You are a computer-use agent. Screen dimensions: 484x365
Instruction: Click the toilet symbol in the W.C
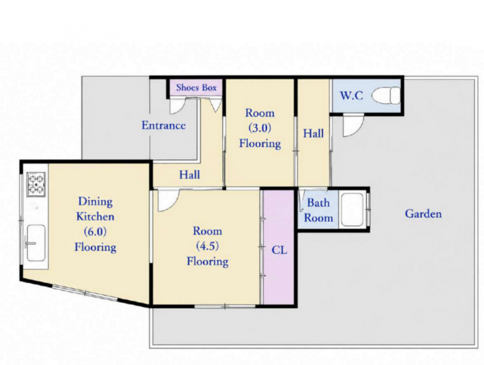pos(386,95)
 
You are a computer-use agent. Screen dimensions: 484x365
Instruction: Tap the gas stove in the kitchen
pos(36,184)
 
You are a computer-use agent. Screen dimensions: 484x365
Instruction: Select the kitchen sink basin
pos(36,243)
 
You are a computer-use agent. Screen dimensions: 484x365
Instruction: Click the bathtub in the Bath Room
pos(352,210)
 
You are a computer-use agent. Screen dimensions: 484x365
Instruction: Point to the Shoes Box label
pos(196,88)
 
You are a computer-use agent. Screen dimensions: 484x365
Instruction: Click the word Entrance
pos(164,125)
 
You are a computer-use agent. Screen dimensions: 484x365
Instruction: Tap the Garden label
pos(423,214)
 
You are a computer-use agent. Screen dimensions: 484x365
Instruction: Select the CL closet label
pos(279,250)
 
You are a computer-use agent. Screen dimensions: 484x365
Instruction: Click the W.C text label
pos(351,95)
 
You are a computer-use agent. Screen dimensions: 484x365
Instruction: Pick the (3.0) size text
pos(259,128)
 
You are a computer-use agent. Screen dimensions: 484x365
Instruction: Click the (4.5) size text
pos(207,246)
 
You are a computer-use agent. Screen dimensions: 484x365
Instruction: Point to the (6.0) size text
pos(95,232)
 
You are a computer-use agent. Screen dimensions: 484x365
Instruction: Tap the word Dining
pos(95,201)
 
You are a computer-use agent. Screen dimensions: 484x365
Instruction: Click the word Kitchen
pos(95,217)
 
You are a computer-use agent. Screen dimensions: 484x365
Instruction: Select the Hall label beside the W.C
pos(313,133)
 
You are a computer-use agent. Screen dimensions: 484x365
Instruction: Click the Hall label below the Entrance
pos(190,175)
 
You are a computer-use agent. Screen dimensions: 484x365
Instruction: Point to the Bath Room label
pos(318,210)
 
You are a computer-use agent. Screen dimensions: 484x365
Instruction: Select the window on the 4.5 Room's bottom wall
pos(225,306)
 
